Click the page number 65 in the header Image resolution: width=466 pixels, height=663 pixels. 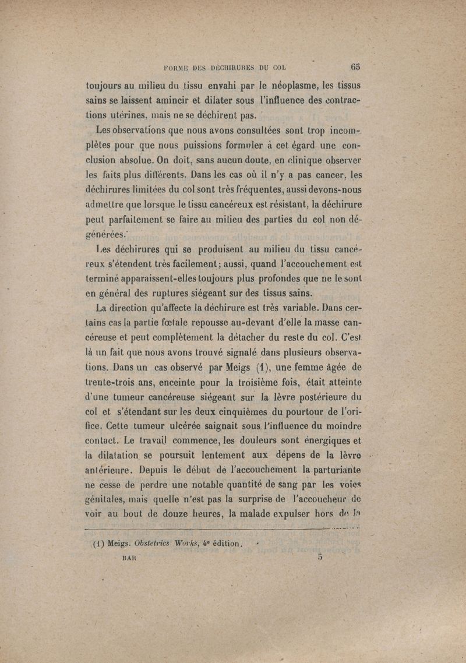point(355,65)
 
